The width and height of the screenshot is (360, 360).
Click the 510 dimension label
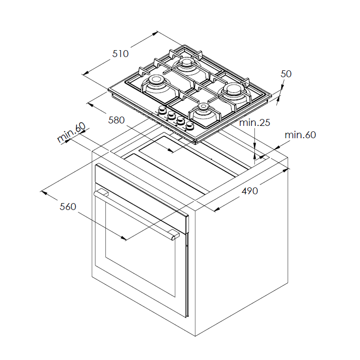(x=120, y=54)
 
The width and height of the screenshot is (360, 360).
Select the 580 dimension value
(x=117, y=120)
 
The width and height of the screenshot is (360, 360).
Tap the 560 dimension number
(x=68, y=207)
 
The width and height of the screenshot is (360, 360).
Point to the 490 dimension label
(x=249, y=191)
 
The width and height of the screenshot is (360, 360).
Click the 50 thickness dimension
(x=286, y=74)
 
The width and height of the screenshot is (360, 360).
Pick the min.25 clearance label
(x=255, y=122)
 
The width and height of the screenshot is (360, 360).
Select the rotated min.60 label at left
(x=71, y=133)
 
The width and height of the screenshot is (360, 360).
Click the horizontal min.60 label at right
(x=300, y=135)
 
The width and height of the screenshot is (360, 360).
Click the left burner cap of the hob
(x=156, y=80)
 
